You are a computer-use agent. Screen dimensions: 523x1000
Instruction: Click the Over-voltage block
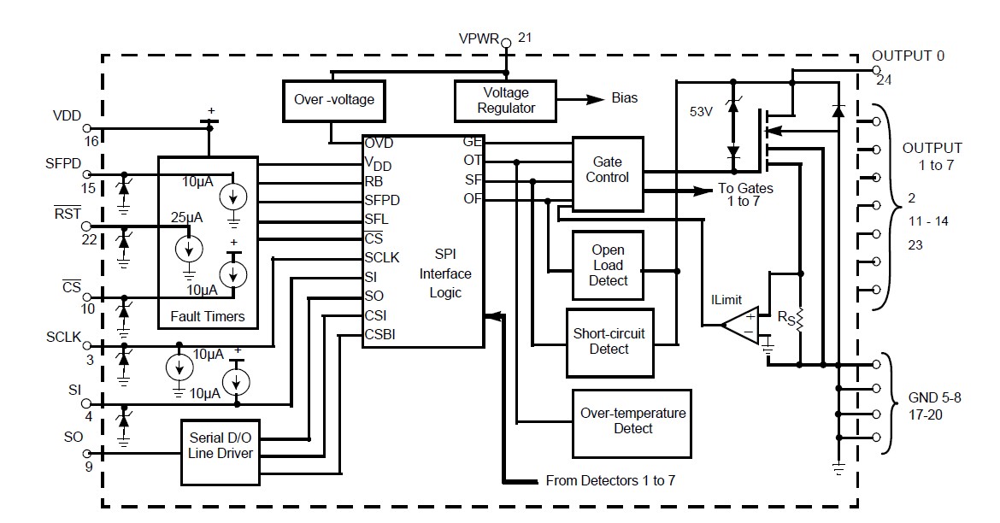(334, 99)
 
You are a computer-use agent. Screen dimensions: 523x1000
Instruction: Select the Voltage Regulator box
(506, 100)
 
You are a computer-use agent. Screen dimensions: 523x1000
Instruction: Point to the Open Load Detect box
(608, 265)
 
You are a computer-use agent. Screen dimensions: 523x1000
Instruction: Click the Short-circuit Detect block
(609, 340)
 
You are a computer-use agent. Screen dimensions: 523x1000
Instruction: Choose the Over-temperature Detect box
(632, 420)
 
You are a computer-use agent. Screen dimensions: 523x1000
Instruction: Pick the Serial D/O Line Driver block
(221, 444)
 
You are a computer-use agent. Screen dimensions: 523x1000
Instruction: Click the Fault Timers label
(207, 316)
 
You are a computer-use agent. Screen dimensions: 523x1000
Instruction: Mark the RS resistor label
(785, 317)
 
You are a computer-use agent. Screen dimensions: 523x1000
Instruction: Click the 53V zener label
(702, 111)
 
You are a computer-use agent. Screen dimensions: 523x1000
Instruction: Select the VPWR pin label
(479, 39)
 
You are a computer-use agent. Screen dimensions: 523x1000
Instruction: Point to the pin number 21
(525, 38)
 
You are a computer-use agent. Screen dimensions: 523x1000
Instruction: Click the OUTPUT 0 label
(908, 56)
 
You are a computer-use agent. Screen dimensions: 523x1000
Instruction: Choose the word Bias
(625, 98)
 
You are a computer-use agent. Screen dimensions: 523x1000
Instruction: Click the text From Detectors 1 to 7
(610, 480)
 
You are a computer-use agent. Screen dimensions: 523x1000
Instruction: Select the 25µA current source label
(186, 218)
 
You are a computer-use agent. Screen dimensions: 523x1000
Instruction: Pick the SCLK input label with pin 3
(63, 338)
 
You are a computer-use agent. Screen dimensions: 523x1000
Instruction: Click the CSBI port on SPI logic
(381, 334)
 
